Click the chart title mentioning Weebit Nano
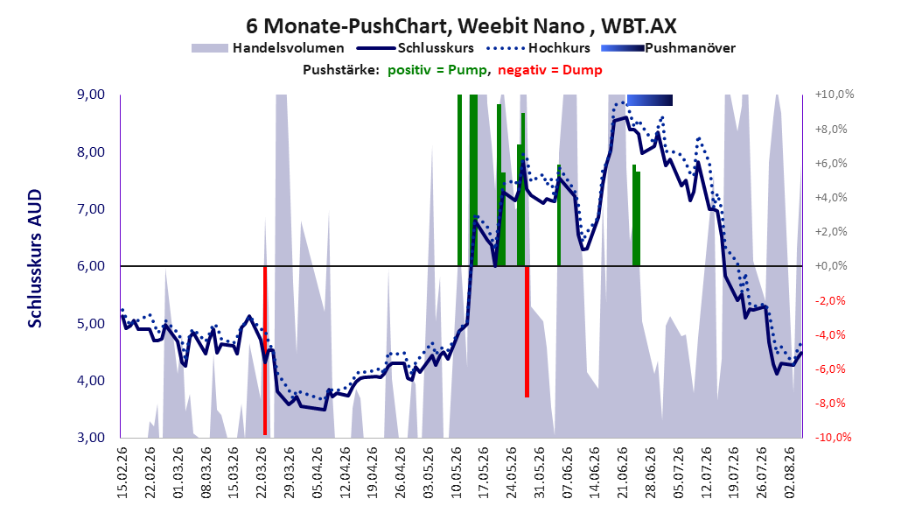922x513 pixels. point(461,25)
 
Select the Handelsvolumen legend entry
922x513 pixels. point(268,48)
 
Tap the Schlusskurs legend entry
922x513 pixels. point(416,48)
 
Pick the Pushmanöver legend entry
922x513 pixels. point(668,48)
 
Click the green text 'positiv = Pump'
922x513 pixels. point(437,70)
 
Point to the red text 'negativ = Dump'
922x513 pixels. point(550,70)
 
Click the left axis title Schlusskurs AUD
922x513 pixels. point(35,258)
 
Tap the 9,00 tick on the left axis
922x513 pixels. point(91,95)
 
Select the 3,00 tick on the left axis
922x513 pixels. point(91,438)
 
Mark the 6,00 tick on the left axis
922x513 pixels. point(91,266)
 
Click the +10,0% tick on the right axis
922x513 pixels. point(835,95)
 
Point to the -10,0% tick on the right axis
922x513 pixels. point(834,438)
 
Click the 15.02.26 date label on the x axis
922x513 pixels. point(122,473)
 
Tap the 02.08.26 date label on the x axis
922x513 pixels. point(790,473)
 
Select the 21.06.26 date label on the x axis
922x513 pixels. point(623,473)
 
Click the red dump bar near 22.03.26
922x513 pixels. point(265,351)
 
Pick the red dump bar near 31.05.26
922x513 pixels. point(527,332)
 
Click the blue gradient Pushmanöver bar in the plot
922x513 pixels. point(650,100)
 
